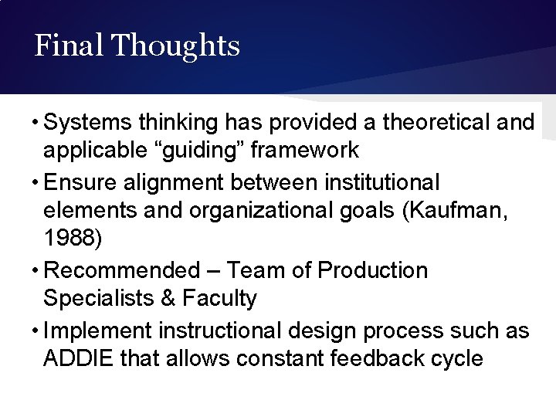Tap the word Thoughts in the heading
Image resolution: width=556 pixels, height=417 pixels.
[x=175, y=46]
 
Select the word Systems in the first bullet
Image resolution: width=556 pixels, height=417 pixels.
[x=90, y=122]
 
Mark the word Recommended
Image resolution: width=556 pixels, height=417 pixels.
[x=121, y=271]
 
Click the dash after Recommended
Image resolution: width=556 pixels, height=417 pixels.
[x=212, y=271]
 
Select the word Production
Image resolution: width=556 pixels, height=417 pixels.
[x=372, y=271]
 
